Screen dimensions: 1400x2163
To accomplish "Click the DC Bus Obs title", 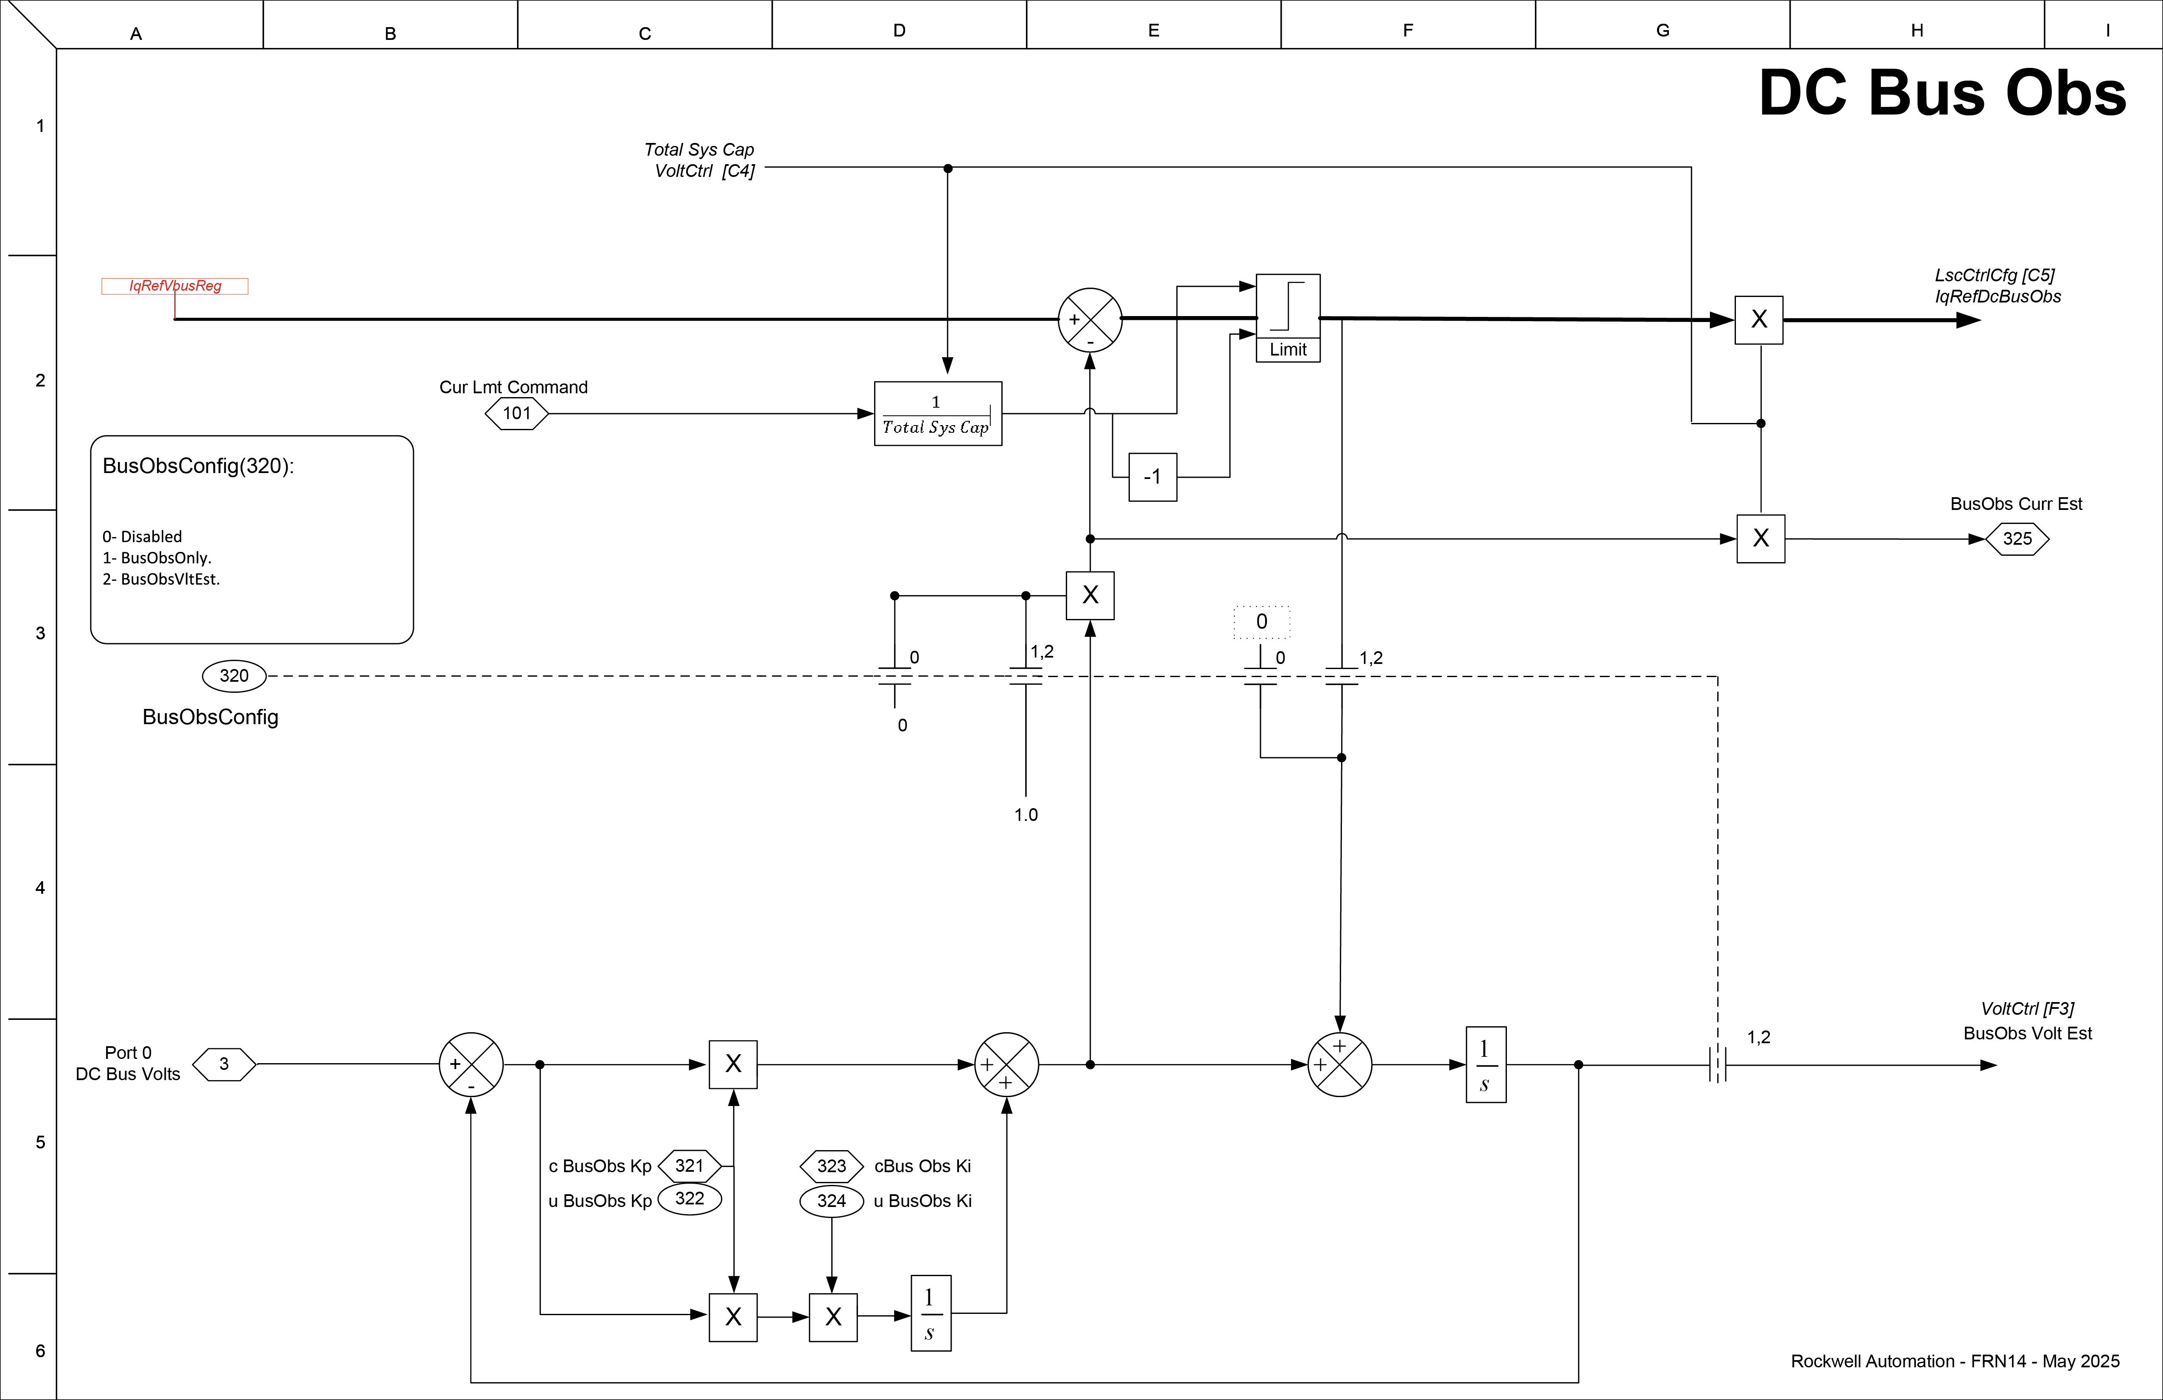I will coord(1942,94).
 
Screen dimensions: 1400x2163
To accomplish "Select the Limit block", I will coord(1288,317).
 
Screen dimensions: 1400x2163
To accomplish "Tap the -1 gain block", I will coord(1152,476).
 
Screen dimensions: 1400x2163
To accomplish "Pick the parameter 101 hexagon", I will coord(516,414).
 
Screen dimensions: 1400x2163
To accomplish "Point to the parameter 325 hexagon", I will coord(2017,539).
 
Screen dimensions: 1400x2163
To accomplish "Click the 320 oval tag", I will coord(234,675).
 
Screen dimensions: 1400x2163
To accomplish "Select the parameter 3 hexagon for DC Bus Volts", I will coord(224,1064).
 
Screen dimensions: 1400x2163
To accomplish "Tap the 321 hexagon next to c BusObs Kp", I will coord(689,1165).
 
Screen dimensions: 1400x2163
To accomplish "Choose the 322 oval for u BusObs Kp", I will coord(689,1199).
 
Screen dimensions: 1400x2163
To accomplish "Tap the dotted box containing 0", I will coord(1261,622).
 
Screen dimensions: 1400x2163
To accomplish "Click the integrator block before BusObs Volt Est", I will coord(1486,1064).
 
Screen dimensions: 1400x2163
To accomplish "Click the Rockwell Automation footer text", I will coord(1955,1361).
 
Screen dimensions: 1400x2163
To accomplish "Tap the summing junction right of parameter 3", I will coord(471,1064).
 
